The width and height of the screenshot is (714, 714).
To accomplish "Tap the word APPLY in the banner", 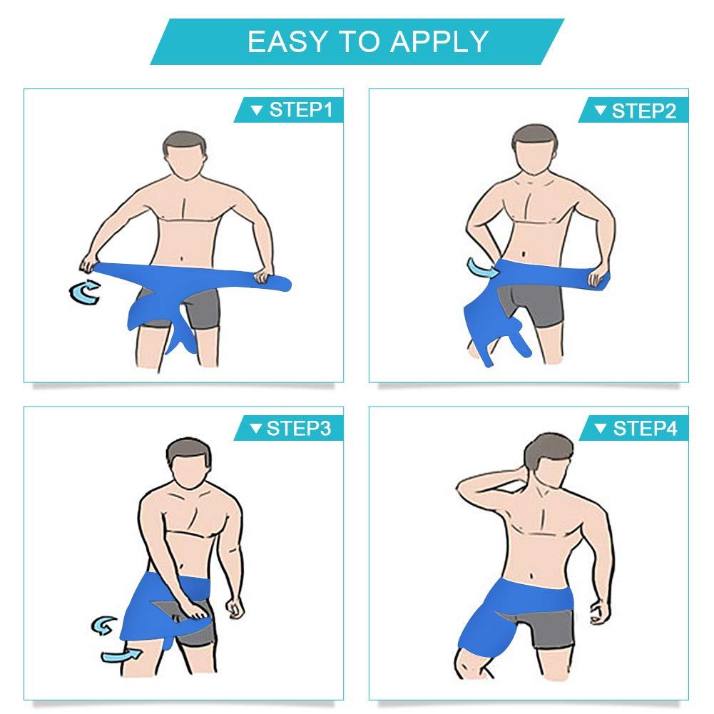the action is [440, 41].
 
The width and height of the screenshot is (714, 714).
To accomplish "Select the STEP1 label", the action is [301, 110].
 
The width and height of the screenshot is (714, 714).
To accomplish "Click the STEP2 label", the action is [644, 111].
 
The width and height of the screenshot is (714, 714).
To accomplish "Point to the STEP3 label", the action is [299, 429].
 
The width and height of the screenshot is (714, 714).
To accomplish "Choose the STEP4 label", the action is [645, 429].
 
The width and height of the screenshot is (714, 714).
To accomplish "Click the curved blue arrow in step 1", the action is [84, 292].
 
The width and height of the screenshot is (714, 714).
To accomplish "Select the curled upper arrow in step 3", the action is [104, 626].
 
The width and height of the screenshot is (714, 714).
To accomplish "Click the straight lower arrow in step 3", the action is [121, 656].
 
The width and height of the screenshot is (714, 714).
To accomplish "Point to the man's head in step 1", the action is [185, 155].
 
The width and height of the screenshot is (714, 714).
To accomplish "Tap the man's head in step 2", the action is [534, 148].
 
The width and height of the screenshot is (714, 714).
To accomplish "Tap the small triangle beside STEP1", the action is [257, 110].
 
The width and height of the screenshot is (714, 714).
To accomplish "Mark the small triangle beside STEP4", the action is [601, 428].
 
